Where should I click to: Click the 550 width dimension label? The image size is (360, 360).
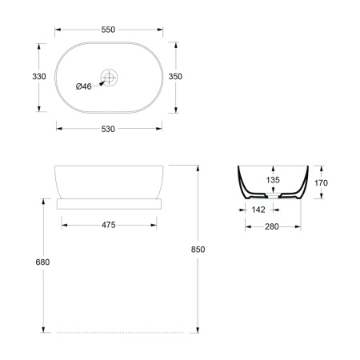(108, 30)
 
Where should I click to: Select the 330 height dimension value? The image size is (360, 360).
(39, 77)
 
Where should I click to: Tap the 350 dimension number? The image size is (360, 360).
(175, 77)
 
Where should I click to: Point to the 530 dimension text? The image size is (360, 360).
(108, 129)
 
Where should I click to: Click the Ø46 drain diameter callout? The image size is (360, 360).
(83, 86)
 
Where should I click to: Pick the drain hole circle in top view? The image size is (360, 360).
(109, 78)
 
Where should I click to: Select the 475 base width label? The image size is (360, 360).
(109, 225)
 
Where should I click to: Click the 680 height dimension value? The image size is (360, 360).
(42, 262)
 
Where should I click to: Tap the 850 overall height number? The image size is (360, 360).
(198, 250)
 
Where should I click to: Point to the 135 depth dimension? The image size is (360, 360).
(273, 180)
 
